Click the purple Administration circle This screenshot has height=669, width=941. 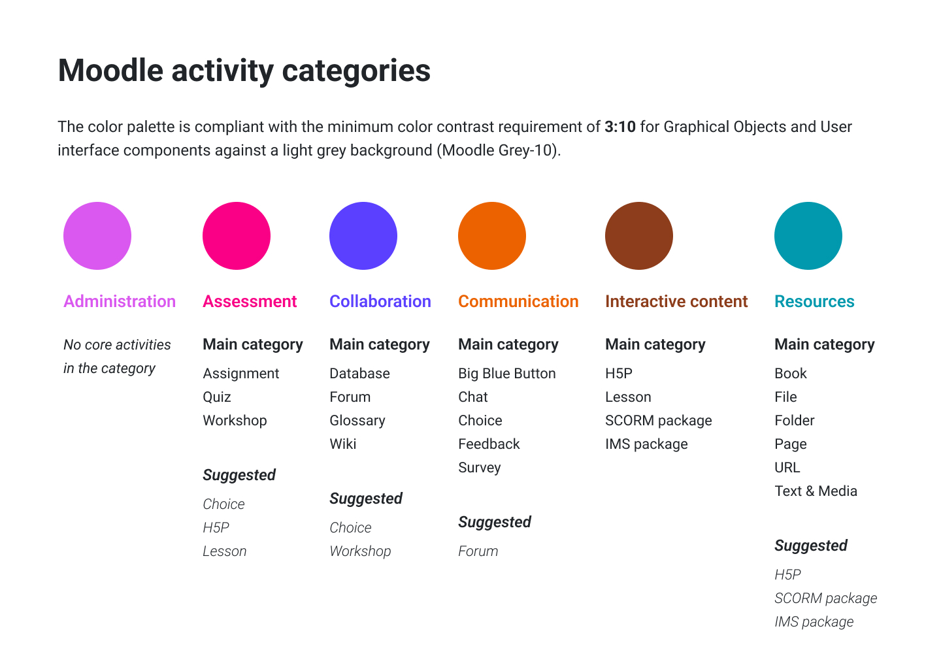pos(97,236)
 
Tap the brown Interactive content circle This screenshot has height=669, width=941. pos(639,236)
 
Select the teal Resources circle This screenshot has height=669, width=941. pos(808,236)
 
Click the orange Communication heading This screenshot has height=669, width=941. pos(518,302)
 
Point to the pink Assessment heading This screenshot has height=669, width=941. pos(250,302)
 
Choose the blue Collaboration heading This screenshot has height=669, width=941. pos(380,302)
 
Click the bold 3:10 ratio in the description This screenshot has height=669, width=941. pos(620,127)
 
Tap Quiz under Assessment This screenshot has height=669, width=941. pos(217,397)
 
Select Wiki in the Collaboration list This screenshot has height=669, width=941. pos(343,444)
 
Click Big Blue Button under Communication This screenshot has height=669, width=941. pos(507,374)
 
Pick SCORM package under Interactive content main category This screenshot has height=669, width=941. pos(659,421)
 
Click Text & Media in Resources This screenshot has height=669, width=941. pos(816,491)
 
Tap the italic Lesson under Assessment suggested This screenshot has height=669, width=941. pos(225,551)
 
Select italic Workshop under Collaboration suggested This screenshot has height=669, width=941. pos(361,551)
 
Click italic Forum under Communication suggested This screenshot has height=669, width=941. pos(478,551)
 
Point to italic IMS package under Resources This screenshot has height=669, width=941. pos(814,622)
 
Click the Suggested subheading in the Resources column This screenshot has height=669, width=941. pos(811,546)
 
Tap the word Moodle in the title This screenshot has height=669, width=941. pos(110,71)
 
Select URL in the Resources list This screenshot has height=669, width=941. pos(787,467)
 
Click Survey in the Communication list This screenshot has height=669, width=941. pos(480,468)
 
